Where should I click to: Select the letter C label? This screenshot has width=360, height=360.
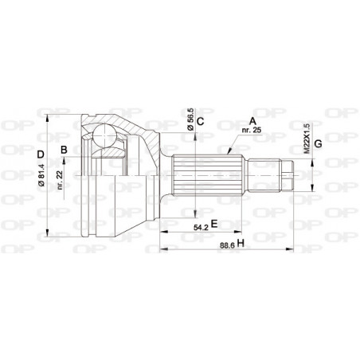tap(202, 122)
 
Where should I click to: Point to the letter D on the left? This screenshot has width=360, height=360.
tap(40, 153)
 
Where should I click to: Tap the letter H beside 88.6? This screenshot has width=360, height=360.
tap(241, 245)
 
